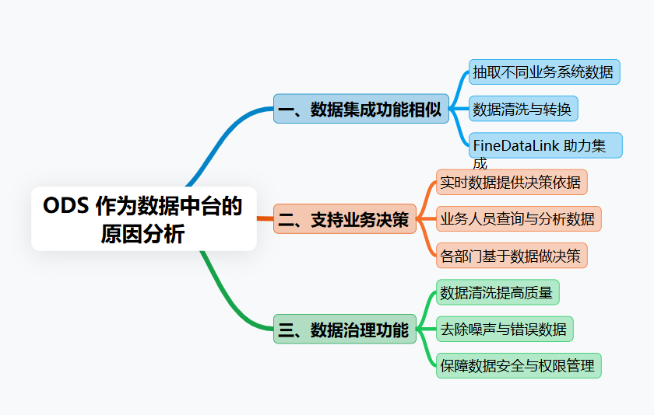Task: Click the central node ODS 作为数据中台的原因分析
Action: [x=143, y=218]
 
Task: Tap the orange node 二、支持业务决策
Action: [x=344, y=219]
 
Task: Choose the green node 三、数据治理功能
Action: [x=344, y=330]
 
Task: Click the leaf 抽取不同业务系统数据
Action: [x=543, y=71]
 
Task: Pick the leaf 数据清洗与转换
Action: [x=522, y=109]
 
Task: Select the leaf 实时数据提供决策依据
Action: [x=511, y=182]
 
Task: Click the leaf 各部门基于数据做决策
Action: [x=511, y=255]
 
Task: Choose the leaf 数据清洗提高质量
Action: [x=497, y=292]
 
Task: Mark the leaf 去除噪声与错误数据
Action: [x=504, y=329]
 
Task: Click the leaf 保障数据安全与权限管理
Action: [x=518, y=365]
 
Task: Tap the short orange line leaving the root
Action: [x=265, y=219]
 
